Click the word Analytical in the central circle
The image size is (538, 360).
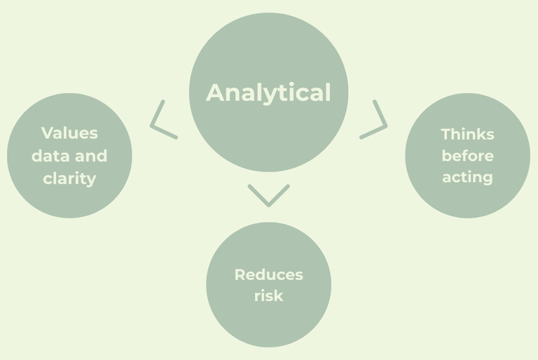tap(268, 92)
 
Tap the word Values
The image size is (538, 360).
tap(69, 133)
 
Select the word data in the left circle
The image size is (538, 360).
tap(48, 155)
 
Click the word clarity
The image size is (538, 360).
tap(69, 179)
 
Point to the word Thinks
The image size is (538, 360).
tap(467, 134)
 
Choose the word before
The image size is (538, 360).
tap(467, 155)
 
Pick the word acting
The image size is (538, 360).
tap(467, 177)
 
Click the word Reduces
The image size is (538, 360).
tap(268, 275)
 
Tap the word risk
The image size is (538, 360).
tap(268, 296)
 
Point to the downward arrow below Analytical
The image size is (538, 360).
tap(268, 196)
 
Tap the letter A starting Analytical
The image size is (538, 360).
tap(215, 92)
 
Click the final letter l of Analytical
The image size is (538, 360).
tap(327, 92)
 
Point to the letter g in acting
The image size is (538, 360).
tap(487, 179)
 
